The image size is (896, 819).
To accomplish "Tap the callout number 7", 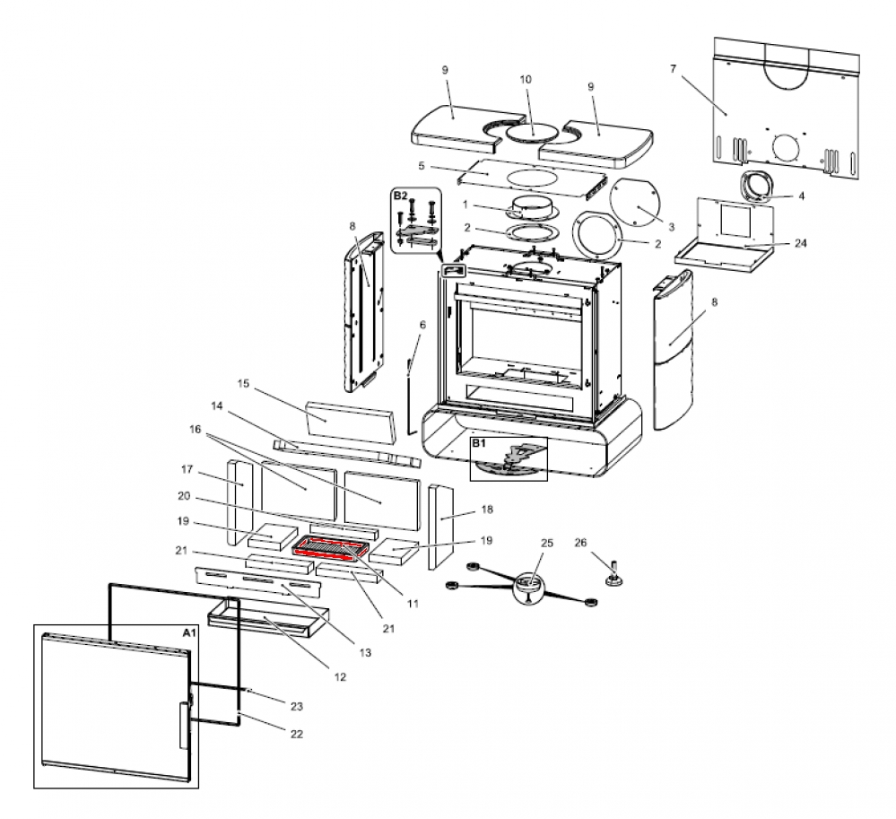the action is pyautogui.click(x=674, y=69).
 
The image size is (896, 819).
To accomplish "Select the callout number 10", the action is pyautogui.click(x=526, y=80).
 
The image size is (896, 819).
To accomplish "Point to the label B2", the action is pyautogui.click(x=400, y=196).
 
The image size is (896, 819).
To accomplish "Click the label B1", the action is pyautogui.click(x=478, y=443).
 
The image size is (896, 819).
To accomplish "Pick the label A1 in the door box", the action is pyautogui.click(x=189, y=632).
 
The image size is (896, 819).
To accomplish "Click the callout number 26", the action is pyautogui.click(x=580, y=543).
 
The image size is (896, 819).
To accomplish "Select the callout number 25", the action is pyautogui.click(x=547, y=543).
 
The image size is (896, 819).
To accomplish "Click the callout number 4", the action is pyautogui.click(x=801, y=196).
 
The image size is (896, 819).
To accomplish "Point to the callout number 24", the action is pyautogui.click(x=801, y=243).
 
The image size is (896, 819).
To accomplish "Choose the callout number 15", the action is pyautogui.click(x=243, y=383).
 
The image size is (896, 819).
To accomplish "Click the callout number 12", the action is pyautogui.click(x=340, y=677).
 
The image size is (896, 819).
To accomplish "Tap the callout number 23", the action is pyautogui.click(x=296, y=706).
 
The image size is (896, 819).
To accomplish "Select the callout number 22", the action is pyautogui.click(x=296, y=734).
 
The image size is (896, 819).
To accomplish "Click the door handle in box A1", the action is pyautogui.click(x=183, y=726).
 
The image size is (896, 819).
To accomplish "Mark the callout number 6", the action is pyautogui.click(x=422, y=325).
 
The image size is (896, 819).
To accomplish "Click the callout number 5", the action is pyautogui.click(x=422, y=166).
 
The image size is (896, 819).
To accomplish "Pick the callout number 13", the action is pyautogui.click(x=365, y=652).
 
